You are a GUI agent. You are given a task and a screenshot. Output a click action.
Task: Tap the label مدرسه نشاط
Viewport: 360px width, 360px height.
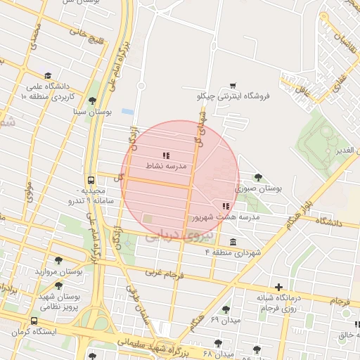coord(166,166)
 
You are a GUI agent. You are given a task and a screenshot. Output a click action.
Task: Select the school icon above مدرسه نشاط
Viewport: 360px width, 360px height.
coord(166,155)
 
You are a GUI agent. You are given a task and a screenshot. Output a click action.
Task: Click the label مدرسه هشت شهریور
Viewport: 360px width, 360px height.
coord(226,217)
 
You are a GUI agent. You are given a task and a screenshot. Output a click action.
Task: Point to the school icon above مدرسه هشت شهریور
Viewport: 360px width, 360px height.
coord(226,206)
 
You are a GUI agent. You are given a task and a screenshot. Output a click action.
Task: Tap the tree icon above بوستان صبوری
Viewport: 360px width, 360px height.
coord(258,177)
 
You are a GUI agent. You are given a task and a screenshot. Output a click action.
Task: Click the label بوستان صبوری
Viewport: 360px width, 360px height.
coord(259,188)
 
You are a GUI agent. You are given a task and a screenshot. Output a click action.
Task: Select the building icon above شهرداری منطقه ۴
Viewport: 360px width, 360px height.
coord(233,242)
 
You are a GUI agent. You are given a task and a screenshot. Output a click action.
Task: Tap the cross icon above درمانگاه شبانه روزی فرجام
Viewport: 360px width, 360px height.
coord(279,287)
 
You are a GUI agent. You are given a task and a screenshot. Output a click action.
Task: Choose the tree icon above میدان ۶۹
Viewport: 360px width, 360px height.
coord(226,309)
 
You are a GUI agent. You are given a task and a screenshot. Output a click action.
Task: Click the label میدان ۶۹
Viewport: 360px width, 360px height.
coord(225,321)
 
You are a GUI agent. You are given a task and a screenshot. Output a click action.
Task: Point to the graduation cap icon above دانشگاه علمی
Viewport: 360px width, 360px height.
coord(48,76)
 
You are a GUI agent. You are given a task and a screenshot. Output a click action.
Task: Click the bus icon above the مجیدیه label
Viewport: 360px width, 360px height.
coord(91,179)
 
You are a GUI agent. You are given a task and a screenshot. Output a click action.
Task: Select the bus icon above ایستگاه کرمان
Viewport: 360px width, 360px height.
coord(34,320)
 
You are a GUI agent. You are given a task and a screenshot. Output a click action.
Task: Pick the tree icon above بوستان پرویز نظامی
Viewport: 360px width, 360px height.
coord(58,285)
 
